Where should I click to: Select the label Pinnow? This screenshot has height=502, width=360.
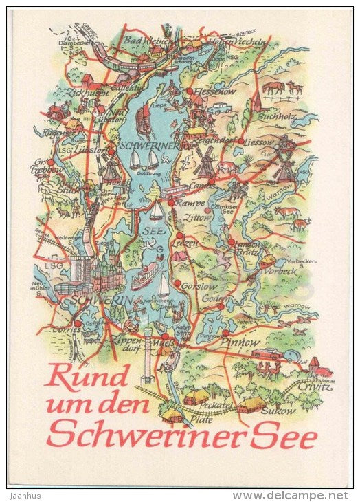pos(245,342)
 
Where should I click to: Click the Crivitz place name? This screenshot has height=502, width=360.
pos(315,387)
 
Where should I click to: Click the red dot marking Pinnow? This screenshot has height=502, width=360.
pos(225,334)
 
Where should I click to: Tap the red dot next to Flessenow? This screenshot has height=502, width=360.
pos(188,90)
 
